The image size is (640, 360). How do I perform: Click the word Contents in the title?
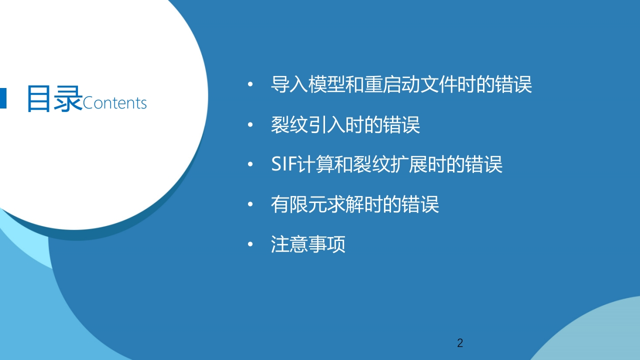click(x=114, y=103)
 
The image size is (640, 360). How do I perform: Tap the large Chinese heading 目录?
click(x=54, y=98)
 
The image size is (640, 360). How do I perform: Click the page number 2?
click(x=460, y=343)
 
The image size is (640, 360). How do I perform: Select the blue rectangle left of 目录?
click(x=3, y=98)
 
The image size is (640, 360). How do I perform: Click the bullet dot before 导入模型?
click(x=250, y=84)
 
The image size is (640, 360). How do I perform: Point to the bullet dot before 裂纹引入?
click(x=250, y=124)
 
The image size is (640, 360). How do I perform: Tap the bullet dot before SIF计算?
click(x=250, y=164)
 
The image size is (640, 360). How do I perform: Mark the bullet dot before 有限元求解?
click(x=250, y=204)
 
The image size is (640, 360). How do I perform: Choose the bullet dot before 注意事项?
click(x=250, y=244)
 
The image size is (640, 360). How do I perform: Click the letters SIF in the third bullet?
click(x=283, y=164)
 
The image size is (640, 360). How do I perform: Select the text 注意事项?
click(x=308, y=244)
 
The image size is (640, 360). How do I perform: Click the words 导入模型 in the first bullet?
click(x=308, y=84)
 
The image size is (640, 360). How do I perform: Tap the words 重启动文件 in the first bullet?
click(x=410, y=84)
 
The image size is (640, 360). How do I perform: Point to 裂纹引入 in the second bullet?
click(x=308, y=124)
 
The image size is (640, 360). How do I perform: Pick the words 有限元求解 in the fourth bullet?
click(x=317, y=204)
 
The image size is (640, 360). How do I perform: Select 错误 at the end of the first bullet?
click(x=513, y=84)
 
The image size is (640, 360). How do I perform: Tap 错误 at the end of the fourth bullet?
click(x=420, y=204)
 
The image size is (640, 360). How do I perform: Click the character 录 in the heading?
click(x=68, y=98)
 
